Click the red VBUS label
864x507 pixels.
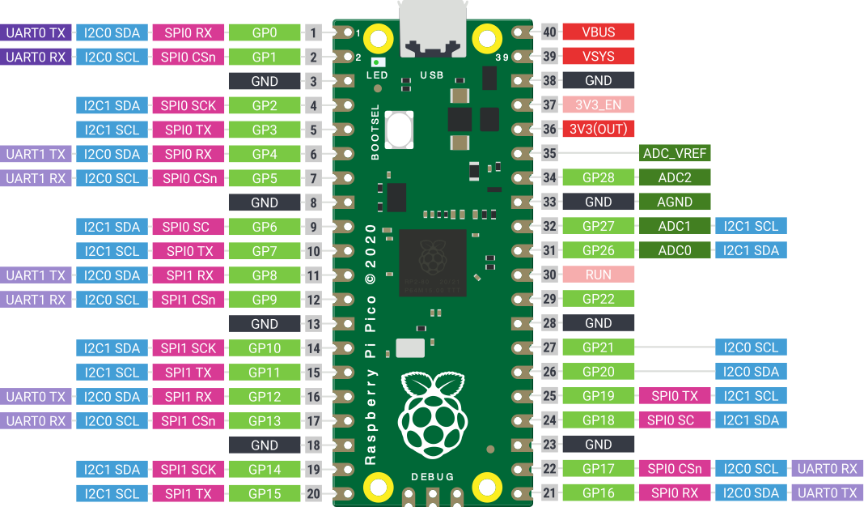click(x=598, y=32)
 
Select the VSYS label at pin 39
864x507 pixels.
click(x=598, y=57)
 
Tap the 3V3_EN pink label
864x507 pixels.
click(x=598, y=105)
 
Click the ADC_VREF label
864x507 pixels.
click(x=675, y=153)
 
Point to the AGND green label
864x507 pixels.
click(x=675, y=202)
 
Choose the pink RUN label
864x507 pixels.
click(x=598, y=275)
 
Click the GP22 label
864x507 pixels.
click(x=598, y=299)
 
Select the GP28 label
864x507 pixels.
click(x=598, y=177)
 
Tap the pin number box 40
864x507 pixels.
click(x=551, y=32)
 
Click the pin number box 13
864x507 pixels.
click(x=313, y=323)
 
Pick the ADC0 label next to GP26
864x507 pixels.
click(x=675, y=250)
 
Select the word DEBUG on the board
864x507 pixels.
click(x=433, y=476)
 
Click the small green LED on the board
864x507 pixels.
click(x=377, y=62)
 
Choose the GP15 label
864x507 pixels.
click(x=265, y=493)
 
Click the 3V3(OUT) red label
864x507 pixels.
click(x=598, y=129)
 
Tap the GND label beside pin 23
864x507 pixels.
click(x=598, y=445)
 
